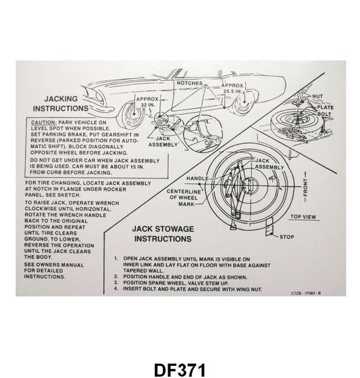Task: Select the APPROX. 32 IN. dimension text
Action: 147,102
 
